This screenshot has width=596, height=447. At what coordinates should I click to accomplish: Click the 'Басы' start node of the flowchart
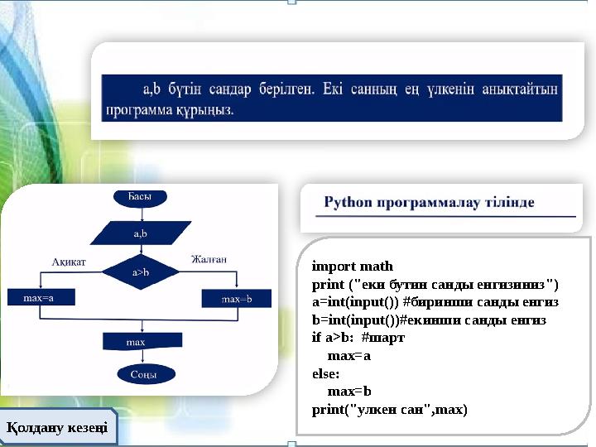pos(139,197)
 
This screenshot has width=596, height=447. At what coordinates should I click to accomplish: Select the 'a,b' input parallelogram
pos(140,233)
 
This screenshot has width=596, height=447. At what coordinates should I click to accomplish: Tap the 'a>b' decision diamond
pos(141,271)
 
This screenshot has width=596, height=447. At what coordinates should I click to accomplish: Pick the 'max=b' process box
pos(236,298)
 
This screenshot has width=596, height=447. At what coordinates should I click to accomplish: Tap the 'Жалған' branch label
pos(209,259)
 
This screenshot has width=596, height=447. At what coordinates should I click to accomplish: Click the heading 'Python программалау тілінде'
pos(429,202)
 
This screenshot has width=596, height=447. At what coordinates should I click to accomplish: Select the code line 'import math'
pos(352,267)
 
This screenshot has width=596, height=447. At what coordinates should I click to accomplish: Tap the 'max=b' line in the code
pos(349,392)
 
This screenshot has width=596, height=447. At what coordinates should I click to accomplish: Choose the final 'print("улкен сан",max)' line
pos(389,410)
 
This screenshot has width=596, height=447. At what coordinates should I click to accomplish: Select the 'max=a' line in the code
pos(349,356)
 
